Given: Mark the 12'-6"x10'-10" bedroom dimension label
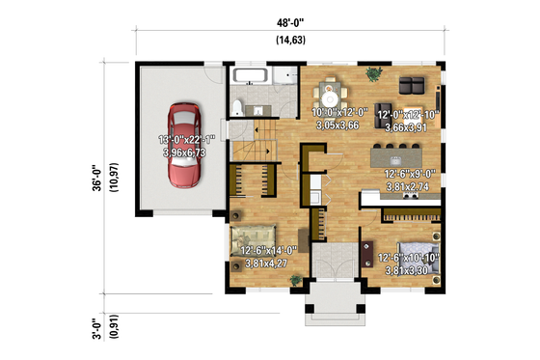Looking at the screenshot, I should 409,259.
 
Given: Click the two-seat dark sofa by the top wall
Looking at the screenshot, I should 416,81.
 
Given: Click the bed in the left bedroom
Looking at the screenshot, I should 255,235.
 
